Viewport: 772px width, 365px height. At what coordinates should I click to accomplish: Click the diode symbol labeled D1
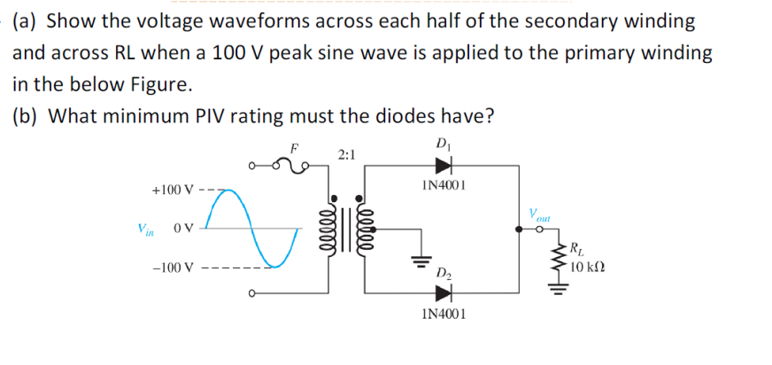tap(443, 164)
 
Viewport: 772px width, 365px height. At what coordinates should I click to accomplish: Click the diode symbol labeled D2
tap(443, 292)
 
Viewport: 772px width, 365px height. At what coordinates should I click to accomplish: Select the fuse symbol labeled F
tap(287, 161)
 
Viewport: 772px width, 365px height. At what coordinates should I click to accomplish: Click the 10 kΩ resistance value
tap(587, 267)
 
